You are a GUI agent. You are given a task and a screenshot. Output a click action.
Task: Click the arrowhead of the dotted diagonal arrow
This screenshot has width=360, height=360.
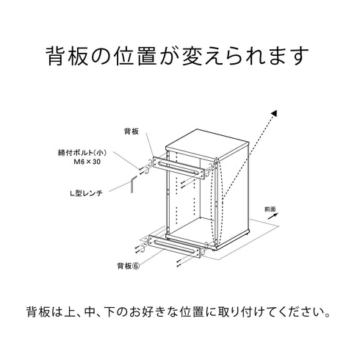273,113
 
